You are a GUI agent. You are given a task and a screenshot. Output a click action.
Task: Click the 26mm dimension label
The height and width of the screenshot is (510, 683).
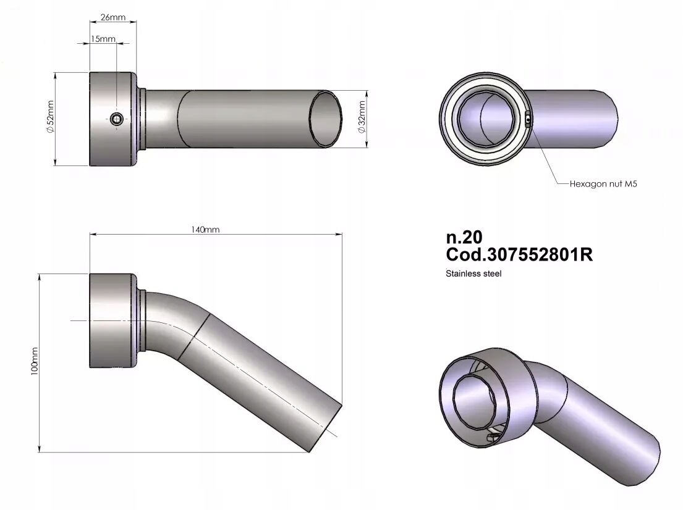(x=113, y=17)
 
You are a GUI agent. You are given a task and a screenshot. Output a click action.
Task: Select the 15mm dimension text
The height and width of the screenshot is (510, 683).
(x=103, y=39)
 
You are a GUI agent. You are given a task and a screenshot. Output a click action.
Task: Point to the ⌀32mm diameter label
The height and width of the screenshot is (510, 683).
(x=361, y=119)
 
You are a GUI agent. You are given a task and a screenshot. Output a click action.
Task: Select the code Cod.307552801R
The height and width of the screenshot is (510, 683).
(x=519, y=254)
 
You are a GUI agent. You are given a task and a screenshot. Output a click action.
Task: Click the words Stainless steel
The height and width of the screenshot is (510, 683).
(x=473, y=274)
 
